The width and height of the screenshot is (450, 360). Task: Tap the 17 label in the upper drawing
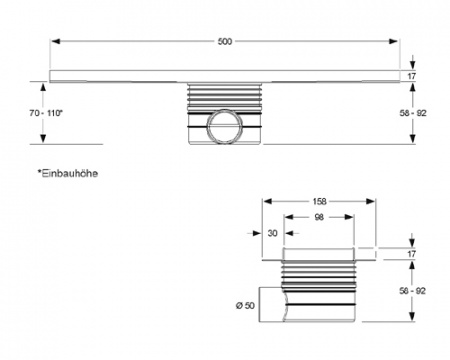[x=411, y=77]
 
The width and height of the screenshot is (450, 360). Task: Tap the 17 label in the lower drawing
[x=411, y=255]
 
